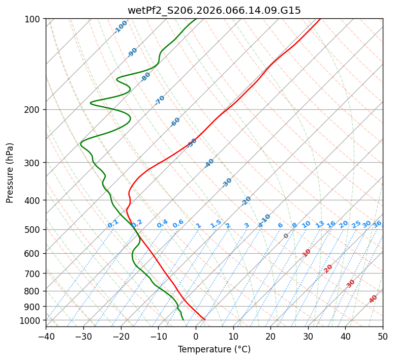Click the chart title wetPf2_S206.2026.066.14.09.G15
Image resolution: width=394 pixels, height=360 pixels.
click(x=214, y=10)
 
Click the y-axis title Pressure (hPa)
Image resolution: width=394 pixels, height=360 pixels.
click(x=10, y=173)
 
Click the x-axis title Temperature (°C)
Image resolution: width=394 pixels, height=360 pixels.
click(x=214, y=349)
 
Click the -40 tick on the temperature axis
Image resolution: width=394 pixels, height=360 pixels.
click(x=46, y=337)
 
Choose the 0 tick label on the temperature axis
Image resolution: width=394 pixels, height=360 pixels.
click(x=196, y=337)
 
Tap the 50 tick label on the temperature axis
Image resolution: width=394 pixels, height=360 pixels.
click(x=383, y=337)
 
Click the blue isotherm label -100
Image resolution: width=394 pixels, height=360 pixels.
click(x=120, y=26)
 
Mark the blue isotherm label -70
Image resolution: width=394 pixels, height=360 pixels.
click(x=160, y=100)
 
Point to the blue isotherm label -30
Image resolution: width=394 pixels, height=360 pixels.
click(x=227, y=183)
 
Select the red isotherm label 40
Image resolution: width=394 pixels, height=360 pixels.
click(x=373, y=299)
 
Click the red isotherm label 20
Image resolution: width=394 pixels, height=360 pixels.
click(x=328, y=268)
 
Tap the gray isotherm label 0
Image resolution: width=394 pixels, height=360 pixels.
click(x=286, y=236)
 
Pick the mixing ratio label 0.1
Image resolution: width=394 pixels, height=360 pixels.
click(x=113, y=224)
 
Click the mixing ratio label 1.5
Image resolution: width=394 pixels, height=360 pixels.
click(x=216, y=223)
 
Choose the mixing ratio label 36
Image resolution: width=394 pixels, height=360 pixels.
click(x=377, y=224)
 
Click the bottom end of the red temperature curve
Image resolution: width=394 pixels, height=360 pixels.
click(x=204, y=319)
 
